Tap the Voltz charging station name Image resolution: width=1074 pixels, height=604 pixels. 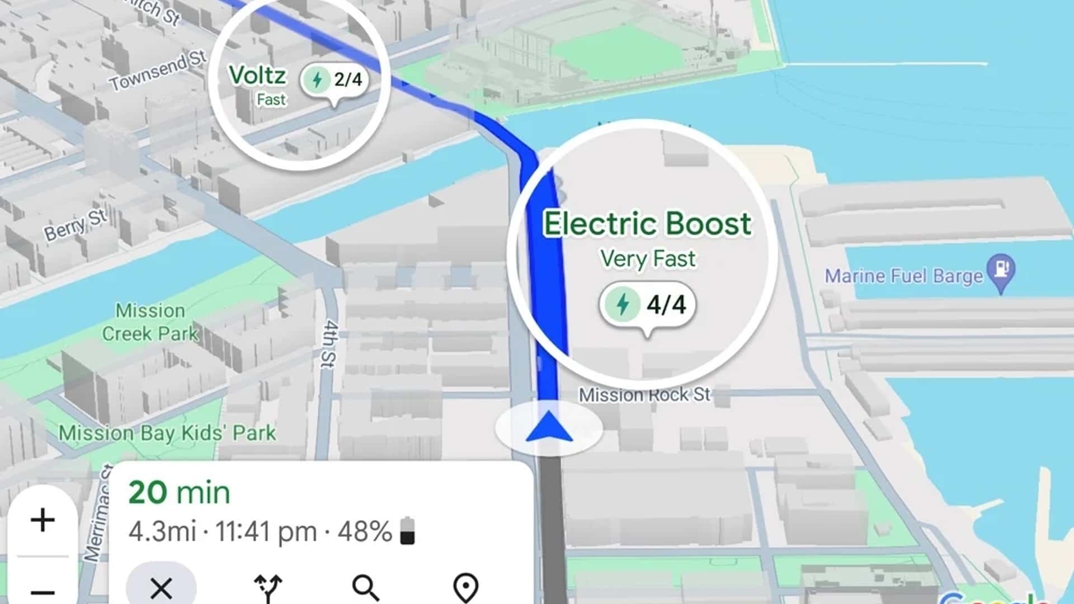coord(257,75)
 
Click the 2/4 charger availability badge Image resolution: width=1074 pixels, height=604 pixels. coord(336,80)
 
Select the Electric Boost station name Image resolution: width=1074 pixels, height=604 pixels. coord(648,224)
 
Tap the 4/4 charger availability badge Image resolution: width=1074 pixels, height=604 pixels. coord(648,305)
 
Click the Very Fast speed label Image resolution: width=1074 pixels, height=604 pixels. coord(648,259)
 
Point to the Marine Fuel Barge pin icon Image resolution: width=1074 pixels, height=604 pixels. coord(1001,271)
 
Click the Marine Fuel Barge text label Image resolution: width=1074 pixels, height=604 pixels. coord(903,276)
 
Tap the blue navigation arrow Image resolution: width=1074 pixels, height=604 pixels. coord(549,427)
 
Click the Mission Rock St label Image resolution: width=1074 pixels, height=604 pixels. coord(644,395)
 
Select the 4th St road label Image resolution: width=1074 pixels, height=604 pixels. coord(330,344)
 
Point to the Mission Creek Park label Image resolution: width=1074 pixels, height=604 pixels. coord(150,322)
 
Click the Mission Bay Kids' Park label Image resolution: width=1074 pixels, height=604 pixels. coord(167,433)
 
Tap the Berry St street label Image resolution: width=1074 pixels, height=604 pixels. coord(76,225)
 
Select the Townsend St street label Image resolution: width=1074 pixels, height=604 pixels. coord(158,70)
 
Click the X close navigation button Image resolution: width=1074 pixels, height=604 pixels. coord(161,587)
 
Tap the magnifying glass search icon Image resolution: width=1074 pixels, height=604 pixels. coord(366,587)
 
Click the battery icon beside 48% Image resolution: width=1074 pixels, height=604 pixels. coord(408,531)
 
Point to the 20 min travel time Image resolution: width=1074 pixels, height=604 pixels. coord(179,493)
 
